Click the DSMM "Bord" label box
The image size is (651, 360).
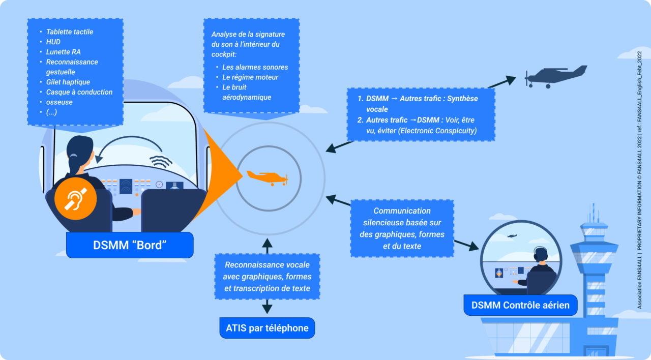pos(130,245)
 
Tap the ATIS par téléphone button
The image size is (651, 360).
pos(267,328)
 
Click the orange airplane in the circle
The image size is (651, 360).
pos(268,176)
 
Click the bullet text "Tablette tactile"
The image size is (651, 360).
pos(70,32)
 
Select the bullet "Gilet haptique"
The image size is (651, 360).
pos(68,82)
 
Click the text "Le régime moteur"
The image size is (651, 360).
pos(250,77)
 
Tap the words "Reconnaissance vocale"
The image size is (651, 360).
pos(267,265)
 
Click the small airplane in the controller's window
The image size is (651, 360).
pos(512,236)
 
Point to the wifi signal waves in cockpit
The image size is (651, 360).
pos(161,161)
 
